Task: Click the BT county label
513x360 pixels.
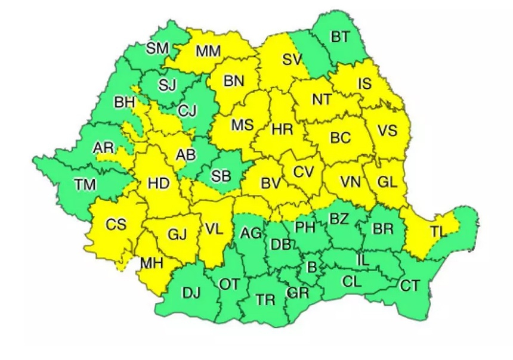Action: (x=341, y=37)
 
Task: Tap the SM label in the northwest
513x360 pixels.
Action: (x=157, y=48)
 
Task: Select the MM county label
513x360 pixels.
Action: (x=208, y=52)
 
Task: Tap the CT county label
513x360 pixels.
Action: (x=410, y=285)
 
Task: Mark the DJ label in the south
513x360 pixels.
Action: (x=191, y=293)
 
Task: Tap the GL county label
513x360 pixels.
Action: (x=388, y=182)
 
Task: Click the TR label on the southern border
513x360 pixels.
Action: (x=265, y=300)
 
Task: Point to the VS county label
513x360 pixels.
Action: (x=387, y=131)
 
